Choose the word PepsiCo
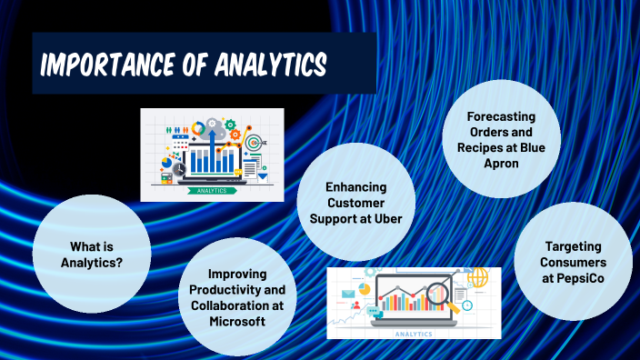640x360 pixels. point(573,276)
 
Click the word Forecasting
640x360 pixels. point(500,117)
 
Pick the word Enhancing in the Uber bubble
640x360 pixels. point(356,186)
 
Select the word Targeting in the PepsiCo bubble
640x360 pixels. point(573,246)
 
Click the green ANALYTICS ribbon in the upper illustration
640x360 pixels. point(213,191)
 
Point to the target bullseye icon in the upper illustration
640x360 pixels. point(253,143)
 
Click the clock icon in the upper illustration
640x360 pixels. point(179,169)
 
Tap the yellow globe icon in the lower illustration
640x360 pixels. point(477,276)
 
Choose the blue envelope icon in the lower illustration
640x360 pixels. point(349,294)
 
